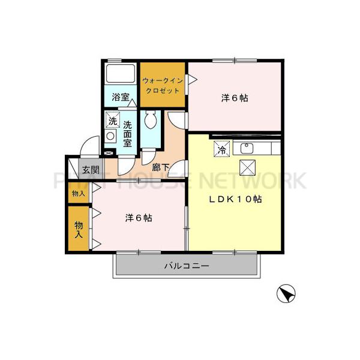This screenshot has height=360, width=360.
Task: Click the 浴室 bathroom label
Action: (x=121, y=96)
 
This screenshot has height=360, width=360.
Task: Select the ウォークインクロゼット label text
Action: (x=163, y=86)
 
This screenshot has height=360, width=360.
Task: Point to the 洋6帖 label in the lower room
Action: (x=139, y=218)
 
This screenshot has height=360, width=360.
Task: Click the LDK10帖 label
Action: (x=235, y=199)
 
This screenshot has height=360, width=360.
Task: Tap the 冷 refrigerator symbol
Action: (x=222, y=149)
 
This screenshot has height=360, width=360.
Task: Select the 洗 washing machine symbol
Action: (x=112, y=121)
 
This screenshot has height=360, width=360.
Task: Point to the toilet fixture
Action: (x=151, y=120)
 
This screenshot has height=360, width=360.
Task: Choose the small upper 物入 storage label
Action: (x=78, y=193)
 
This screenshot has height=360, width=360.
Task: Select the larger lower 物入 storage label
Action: (x=78, y=229)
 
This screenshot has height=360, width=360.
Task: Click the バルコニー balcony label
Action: (x=186, y=265)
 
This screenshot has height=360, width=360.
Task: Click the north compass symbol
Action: (x=286, y=294)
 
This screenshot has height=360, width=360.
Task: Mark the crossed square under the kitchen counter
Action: (x=247, y=167)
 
